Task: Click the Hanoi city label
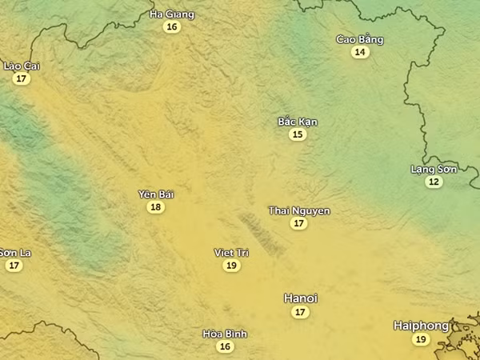[x=301, y=298]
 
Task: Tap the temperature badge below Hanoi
[x=300, y=312]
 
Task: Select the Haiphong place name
[x=421, y=326]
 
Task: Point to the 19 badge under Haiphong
[x=421, y=339]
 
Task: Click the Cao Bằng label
[x=360, y=39]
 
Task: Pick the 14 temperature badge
[x=360, y=52]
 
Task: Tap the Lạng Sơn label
[x=434, y=169]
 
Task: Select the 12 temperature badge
[x=434, y=182]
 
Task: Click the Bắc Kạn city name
[x=298, y=122]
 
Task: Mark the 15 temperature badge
[x=298, y=134]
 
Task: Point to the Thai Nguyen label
[x=299, y=210]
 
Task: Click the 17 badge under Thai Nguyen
[x=299, y=223]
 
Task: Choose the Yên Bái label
[x=156, y=194]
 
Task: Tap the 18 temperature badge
[x=156, y=207]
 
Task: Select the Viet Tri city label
[x=231, y=252]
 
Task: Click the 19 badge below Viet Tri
[x=231, y=265]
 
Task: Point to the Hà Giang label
[x=172, y=14]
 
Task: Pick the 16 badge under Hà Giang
[x=171, y=27]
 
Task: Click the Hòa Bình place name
[x=225, y=334]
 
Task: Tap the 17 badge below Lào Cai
[x=22, y=78]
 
